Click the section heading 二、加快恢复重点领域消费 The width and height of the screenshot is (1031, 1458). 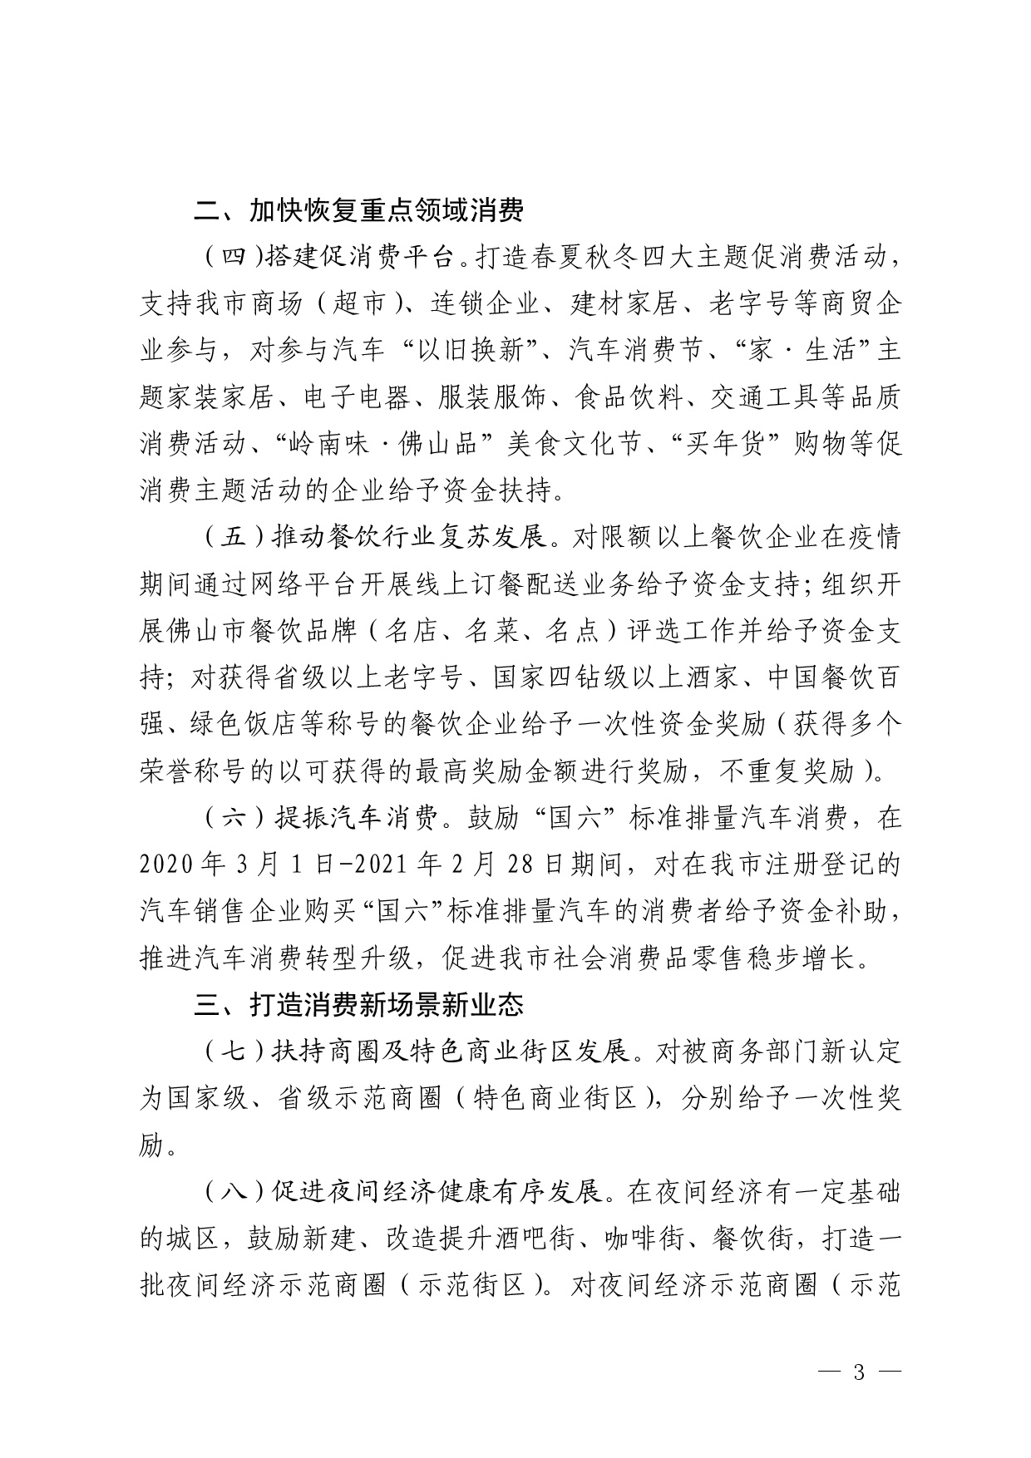[358, 212]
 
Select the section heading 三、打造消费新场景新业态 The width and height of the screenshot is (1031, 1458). [358, 1005]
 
